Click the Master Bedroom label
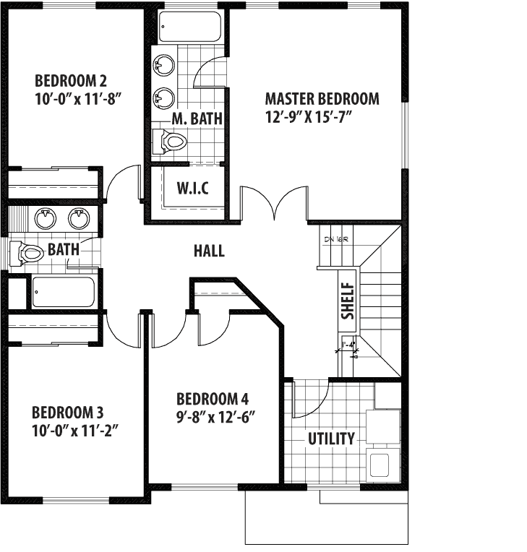pyautogui.click(x=322, y=98)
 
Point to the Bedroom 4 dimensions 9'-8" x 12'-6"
pyautogui.click(x=217, y=417)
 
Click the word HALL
pyautogui.click(x=209, y=251)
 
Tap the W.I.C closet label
pyautogui.click(x=193, y=189)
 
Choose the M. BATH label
pyautogui.click(x=197, y=118)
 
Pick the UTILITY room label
pyautogui.click(x=331, y=439)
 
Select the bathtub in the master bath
pyautogui.click(x=189, y=27)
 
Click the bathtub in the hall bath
pyautogui.click(x=63, y=293)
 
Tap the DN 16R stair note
pyautogui.click(x=333, y=239)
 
